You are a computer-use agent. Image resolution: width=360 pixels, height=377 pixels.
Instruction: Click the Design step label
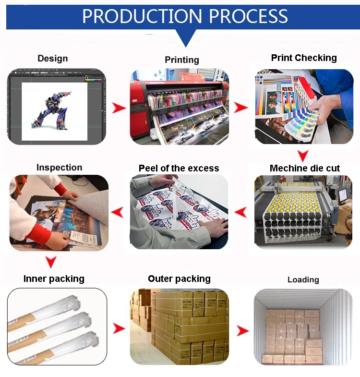(53, 59)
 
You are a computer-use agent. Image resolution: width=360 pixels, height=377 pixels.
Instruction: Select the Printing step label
(182, 60)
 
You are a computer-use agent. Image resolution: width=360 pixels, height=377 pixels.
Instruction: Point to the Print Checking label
(304, 58)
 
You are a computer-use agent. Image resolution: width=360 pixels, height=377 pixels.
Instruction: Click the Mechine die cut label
(305, 168)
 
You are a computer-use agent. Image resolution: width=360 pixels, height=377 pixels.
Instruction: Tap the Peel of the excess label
(179, 168)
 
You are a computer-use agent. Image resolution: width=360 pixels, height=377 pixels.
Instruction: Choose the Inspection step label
(60, 168)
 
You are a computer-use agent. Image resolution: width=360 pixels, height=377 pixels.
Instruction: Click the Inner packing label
(54, 279)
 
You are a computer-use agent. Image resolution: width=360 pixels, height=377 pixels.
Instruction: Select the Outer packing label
(179, 279)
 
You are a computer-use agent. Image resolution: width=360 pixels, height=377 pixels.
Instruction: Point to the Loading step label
(303, 280)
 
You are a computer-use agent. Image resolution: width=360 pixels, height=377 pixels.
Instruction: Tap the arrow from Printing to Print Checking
(241, 107)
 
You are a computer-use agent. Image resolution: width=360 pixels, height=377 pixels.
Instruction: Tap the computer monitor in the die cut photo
(342, 194)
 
